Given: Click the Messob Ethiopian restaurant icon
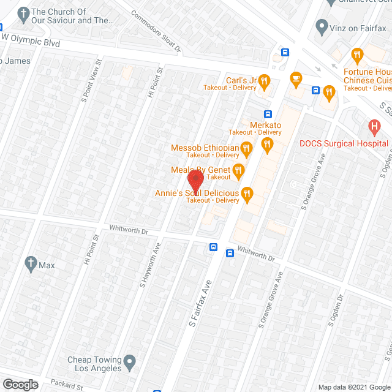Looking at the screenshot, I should click(x=246, y=148).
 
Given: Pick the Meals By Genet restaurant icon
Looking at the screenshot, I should click(x=238, y=170).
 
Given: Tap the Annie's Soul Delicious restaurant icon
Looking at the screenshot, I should click(x=247, y=194).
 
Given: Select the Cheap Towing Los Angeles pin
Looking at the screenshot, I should click(x=129, y=364).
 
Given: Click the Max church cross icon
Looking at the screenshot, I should click(x=29, y=265).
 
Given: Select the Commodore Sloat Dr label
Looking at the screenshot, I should click(x=156, y=31).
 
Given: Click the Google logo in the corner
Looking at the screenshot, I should click(x=20, y=384).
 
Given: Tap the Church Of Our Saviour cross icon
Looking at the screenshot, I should click(x=23, y=13).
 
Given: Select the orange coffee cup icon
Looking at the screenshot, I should click(x=296, y=78).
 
